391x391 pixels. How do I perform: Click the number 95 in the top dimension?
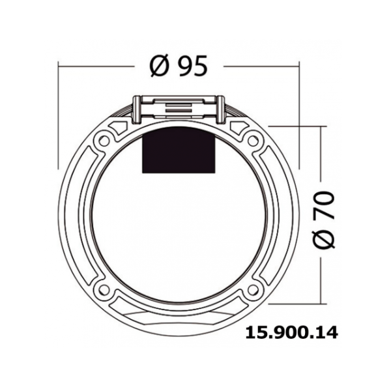[x=192, y=66]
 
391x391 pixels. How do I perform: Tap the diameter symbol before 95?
[x=160, y=66]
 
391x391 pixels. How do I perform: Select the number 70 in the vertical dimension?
[x=323, y=206]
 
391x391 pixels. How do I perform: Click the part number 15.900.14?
[x=292, y=333]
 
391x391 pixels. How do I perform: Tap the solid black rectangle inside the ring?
[x=179, y=150]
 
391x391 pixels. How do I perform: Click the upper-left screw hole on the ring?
[x=104, y=141]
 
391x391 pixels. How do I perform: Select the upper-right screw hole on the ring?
[x=253, y=141]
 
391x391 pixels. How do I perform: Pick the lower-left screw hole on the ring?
[x=104, y=290]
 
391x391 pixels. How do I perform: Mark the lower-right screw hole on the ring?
[x=253, y=290]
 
